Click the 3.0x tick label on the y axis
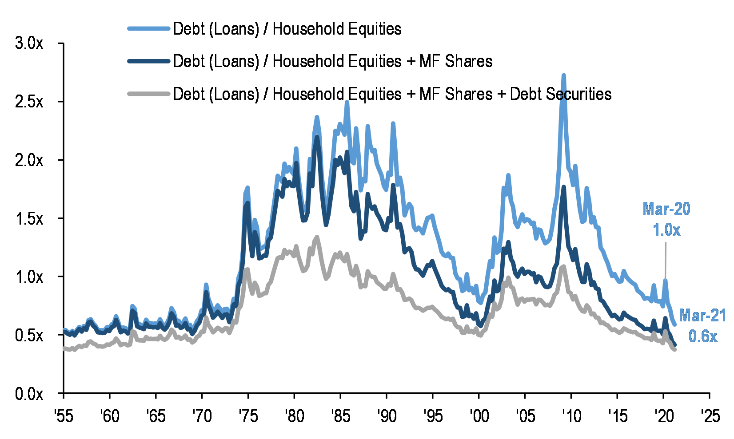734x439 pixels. pyautogui.click(x=29, y=44)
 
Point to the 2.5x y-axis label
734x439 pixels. pyautogui.click(x=29, y=102)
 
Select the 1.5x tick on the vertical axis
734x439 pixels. pyautogui.click(x=29, y=218)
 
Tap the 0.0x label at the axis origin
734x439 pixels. pyautogui.click(x=29, y=393)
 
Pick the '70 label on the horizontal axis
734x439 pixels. pyautogui.click(x=202, y=416)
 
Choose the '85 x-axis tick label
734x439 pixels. pyautogui.click(x=340, y=416)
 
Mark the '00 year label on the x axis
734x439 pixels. pyautogui.click(x=479, y=416)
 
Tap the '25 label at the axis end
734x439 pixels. pyautogui.click(x=710, y=416)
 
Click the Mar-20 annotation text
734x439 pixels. pyautogui.click(x=666, y=209)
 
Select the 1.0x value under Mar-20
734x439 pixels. pyautogui.click(x=666, y=230)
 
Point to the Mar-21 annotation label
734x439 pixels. pyautogui.click(x=702, y=316)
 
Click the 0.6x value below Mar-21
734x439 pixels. pyautogui.click(x=703, y=336)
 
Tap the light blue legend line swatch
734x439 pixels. pyautogui.click(x=149, y=29)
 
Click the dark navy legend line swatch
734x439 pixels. pyautogui.click(x=149, y=61)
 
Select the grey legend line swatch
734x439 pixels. pyautogui.click(x=149, y=94)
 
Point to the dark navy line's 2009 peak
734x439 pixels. pyautogui.click(x=564, y=187)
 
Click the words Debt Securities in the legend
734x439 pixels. pyautogui.click(x=561, y=94)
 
